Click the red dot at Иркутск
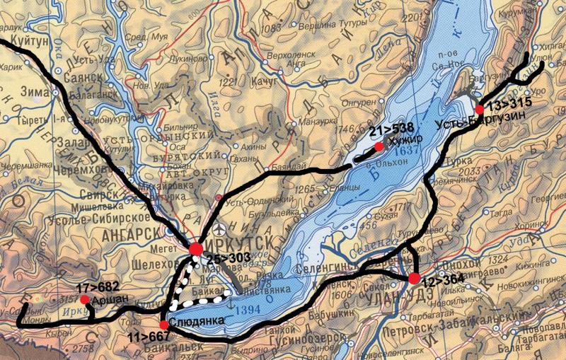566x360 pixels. click(x=197, y=249)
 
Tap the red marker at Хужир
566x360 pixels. click(x=379, y=146)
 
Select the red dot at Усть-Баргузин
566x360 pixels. click(x=480, y=110)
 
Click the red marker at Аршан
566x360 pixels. click(x=85, y=300)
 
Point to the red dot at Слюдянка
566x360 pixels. click(x=164, y=324)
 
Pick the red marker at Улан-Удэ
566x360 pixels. click(x=414, y=277)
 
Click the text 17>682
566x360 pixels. click(x=98, y=288)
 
